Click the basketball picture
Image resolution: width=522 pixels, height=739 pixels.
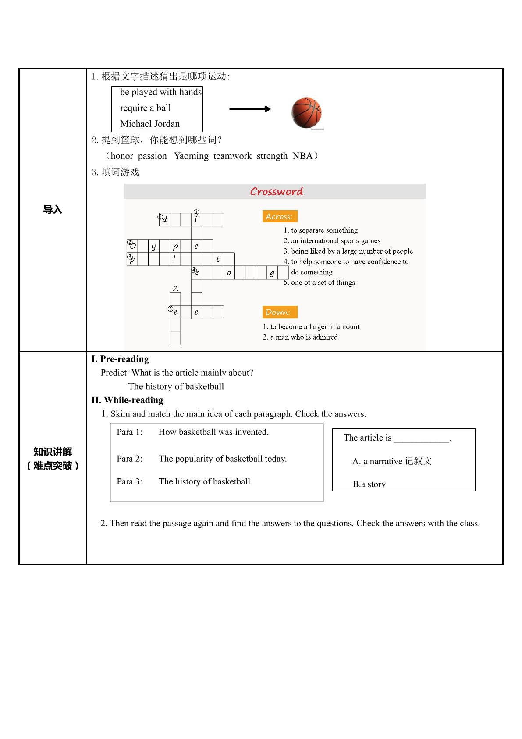306,112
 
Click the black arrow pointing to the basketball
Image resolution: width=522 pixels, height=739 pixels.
250,109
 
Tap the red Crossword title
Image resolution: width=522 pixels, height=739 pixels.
276,191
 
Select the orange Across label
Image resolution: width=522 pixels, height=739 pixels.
280,216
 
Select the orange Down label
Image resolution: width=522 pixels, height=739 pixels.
280,312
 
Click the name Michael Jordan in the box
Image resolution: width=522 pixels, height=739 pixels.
149,124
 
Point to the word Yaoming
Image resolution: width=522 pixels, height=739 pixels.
191,156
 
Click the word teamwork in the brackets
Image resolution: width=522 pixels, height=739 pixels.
232,156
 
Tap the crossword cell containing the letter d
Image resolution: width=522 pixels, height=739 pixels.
164,219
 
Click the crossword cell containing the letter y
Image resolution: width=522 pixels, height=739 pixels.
153,246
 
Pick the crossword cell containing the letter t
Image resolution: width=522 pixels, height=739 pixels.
218,259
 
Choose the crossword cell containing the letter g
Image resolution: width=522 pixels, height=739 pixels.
272,273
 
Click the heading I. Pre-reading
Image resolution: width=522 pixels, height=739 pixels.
120,359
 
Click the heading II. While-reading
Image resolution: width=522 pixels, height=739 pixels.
127,400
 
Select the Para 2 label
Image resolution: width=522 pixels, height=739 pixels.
129,459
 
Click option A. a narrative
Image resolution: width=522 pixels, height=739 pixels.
392,461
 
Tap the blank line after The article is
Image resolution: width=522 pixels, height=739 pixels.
422,441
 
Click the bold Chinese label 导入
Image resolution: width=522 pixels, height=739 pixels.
53,209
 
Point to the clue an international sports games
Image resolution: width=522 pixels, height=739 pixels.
332,240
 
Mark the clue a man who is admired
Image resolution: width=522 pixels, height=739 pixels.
300,337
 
